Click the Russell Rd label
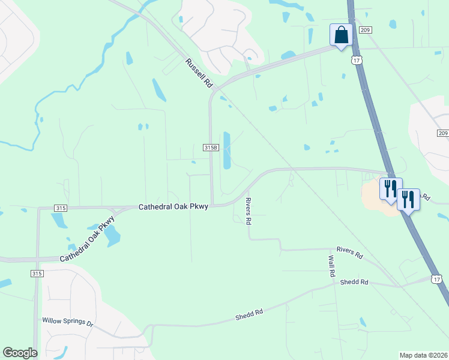199,71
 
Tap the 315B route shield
210,148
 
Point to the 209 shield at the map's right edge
443,133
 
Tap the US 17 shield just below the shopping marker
357,60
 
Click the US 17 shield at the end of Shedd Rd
436,279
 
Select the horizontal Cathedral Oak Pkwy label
173,207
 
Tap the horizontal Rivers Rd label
350,253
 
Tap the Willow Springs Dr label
68,322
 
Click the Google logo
19,353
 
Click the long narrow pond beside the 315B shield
227,150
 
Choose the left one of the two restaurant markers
390,188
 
